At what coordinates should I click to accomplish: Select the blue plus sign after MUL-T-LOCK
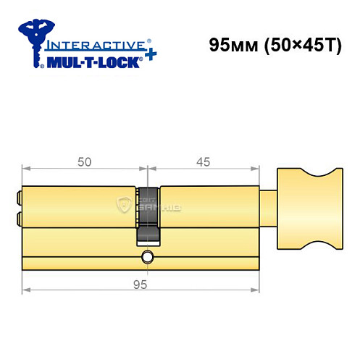147,58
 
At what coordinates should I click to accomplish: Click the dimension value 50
85,162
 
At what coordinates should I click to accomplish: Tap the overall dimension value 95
141,285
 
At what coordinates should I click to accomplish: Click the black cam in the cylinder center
148,217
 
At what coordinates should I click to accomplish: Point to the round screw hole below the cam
148,256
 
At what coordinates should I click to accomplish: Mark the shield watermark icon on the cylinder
122,206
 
